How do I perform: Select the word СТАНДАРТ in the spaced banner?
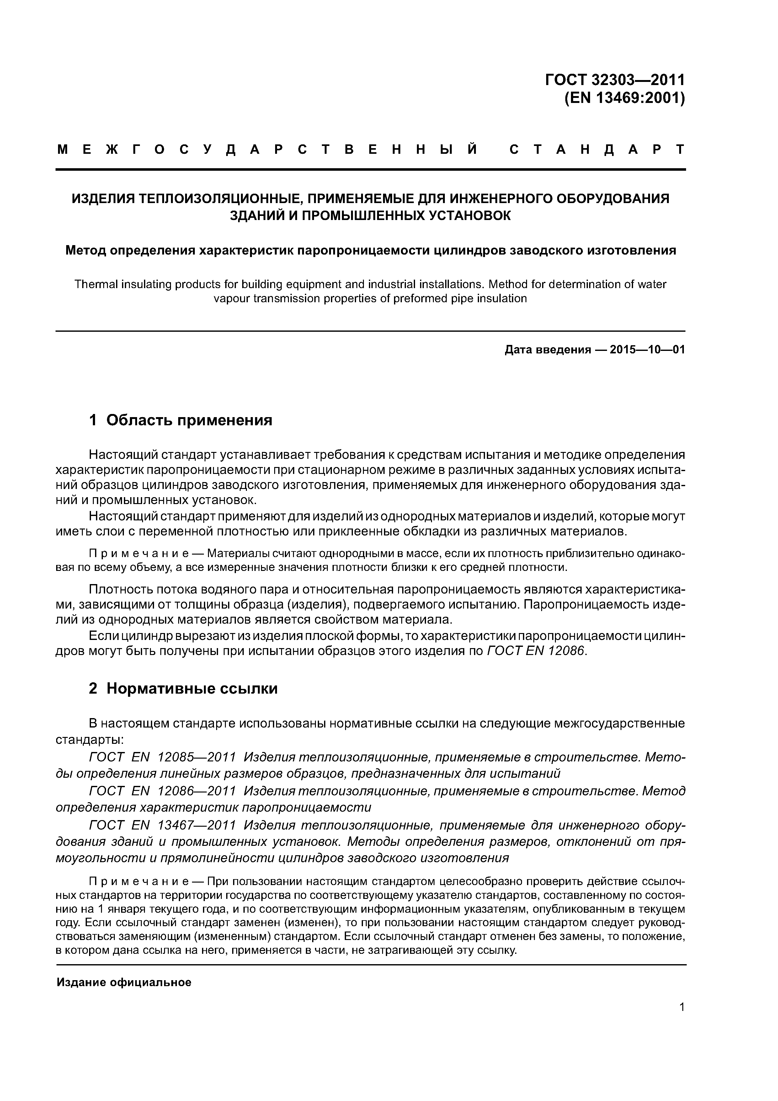coord(597,150)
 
